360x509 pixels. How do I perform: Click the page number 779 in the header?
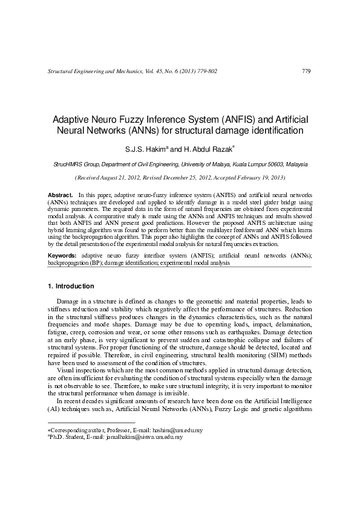coord(306,71)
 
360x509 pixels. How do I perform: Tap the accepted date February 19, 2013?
coord(257,178)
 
